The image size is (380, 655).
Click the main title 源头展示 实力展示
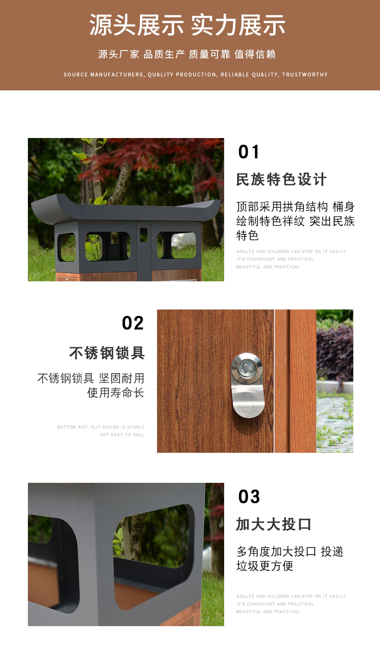187,25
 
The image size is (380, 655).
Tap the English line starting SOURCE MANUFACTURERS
195,75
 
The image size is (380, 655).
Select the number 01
249,152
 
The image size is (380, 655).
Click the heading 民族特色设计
281,179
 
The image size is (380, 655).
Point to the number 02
133,323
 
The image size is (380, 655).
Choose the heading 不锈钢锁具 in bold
107,353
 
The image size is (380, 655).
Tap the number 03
249,496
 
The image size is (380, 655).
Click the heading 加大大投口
274,524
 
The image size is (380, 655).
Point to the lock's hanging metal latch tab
248,401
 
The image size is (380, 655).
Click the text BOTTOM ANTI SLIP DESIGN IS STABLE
101,427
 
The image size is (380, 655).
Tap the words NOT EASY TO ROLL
122,435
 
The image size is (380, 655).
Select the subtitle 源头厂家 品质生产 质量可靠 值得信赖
187,54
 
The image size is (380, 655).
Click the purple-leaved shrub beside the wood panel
335,354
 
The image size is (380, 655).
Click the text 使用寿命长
115,393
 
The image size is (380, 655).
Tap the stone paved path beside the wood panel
335,421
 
